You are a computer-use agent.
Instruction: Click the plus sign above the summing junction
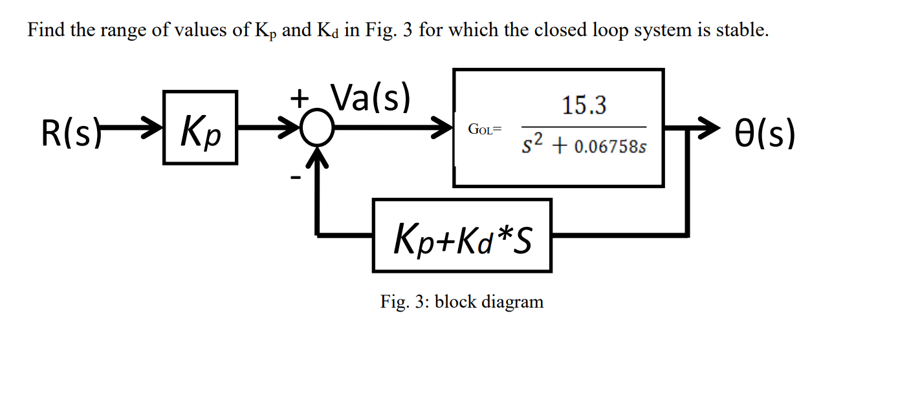(x=299, y=99)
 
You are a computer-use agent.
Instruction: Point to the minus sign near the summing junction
(x=294, y=176)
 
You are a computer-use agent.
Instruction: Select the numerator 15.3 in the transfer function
(x=584, y=105)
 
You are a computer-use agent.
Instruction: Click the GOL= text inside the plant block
(x=485, y=129)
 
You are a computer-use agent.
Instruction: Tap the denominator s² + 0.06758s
(x=584, y=147)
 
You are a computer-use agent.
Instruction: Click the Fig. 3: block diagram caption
(x=462, y=301)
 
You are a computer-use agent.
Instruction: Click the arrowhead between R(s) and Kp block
(x=151, y=128)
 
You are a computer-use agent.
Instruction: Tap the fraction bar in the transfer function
(x=584, y=127)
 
